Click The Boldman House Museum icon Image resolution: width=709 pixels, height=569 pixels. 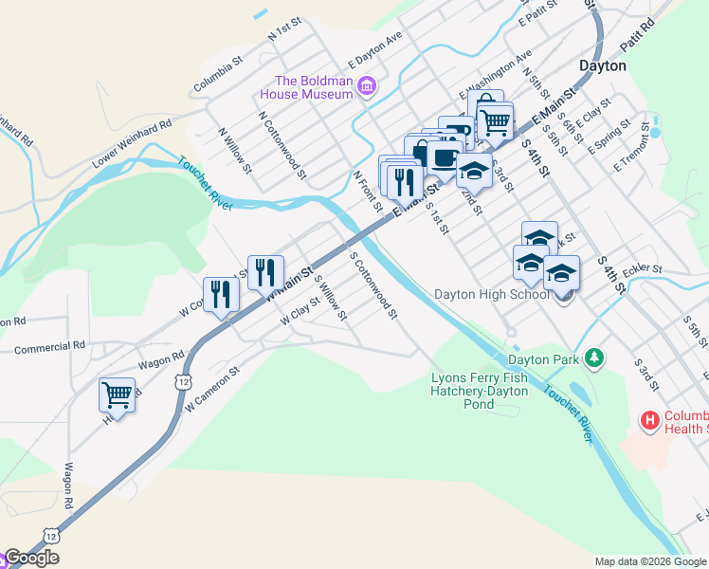[367, 88]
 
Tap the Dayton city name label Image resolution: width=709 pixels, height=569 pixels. [603, 65]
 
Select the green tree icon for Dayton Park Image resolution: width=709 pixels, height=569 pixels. [594, 358]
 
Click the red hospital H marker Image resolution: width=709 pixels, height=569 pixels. [650, 419]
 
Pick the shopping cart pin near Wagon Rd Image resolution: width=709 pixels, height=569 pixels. [117, 394]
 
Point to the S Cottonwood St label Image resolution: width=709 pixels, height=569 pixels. [373, 284]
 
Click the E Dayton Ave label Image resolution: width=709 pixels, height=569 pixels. [375, 46]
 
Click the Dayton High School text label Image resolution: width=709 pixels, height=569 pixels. [492, 294]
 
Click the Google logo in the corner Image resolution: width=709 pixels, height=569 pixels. [31, 558]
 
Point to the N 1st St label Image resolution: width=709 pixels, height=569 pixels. [283, 28]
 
